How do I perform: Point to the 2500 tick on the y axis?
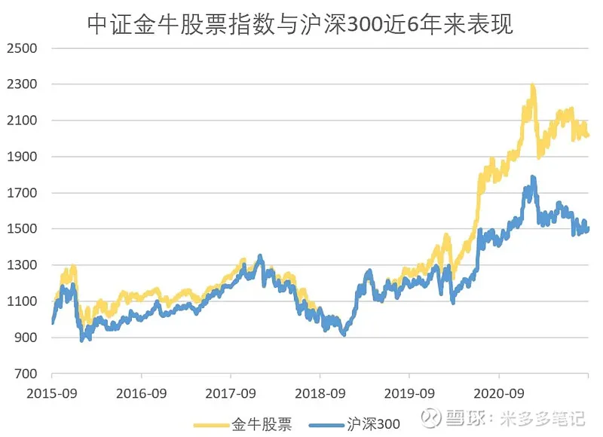22,48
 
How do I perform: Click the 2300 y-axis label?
22,84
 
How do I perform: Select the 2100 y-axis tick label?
22,121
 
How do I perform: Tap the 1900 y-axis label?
22,157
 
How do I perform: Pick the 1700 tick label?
22,193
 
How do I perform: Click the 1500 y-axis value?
22,229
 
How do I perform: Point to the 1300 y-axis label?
22,265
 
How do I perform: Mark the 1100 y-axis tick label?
22,301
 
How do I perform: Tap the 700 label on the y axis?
26,374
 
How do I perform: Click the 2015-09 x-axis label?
52,393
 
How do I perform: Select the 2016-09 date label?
141,393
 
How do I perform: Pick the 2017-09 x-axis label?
231,393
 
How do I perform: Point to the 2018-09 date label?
320,393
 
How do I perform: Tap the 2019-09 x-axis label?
409,393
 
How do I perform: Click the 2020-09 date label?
498,393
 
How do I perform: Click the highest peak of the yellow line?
533,86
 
